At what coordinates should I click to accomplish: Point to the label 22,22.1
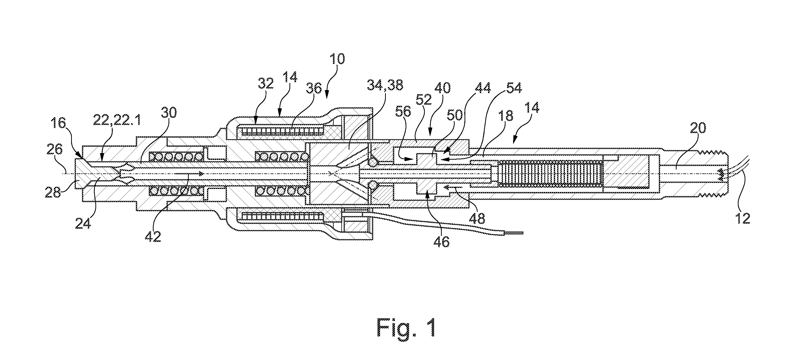(x=117, y=119)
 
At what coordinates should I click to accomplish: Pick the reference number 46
(x=442, y=242)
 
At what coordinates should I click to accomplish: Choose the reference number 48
(x=477, y=219)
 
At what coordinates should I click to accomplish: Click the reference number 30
(x=168, y=114)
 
